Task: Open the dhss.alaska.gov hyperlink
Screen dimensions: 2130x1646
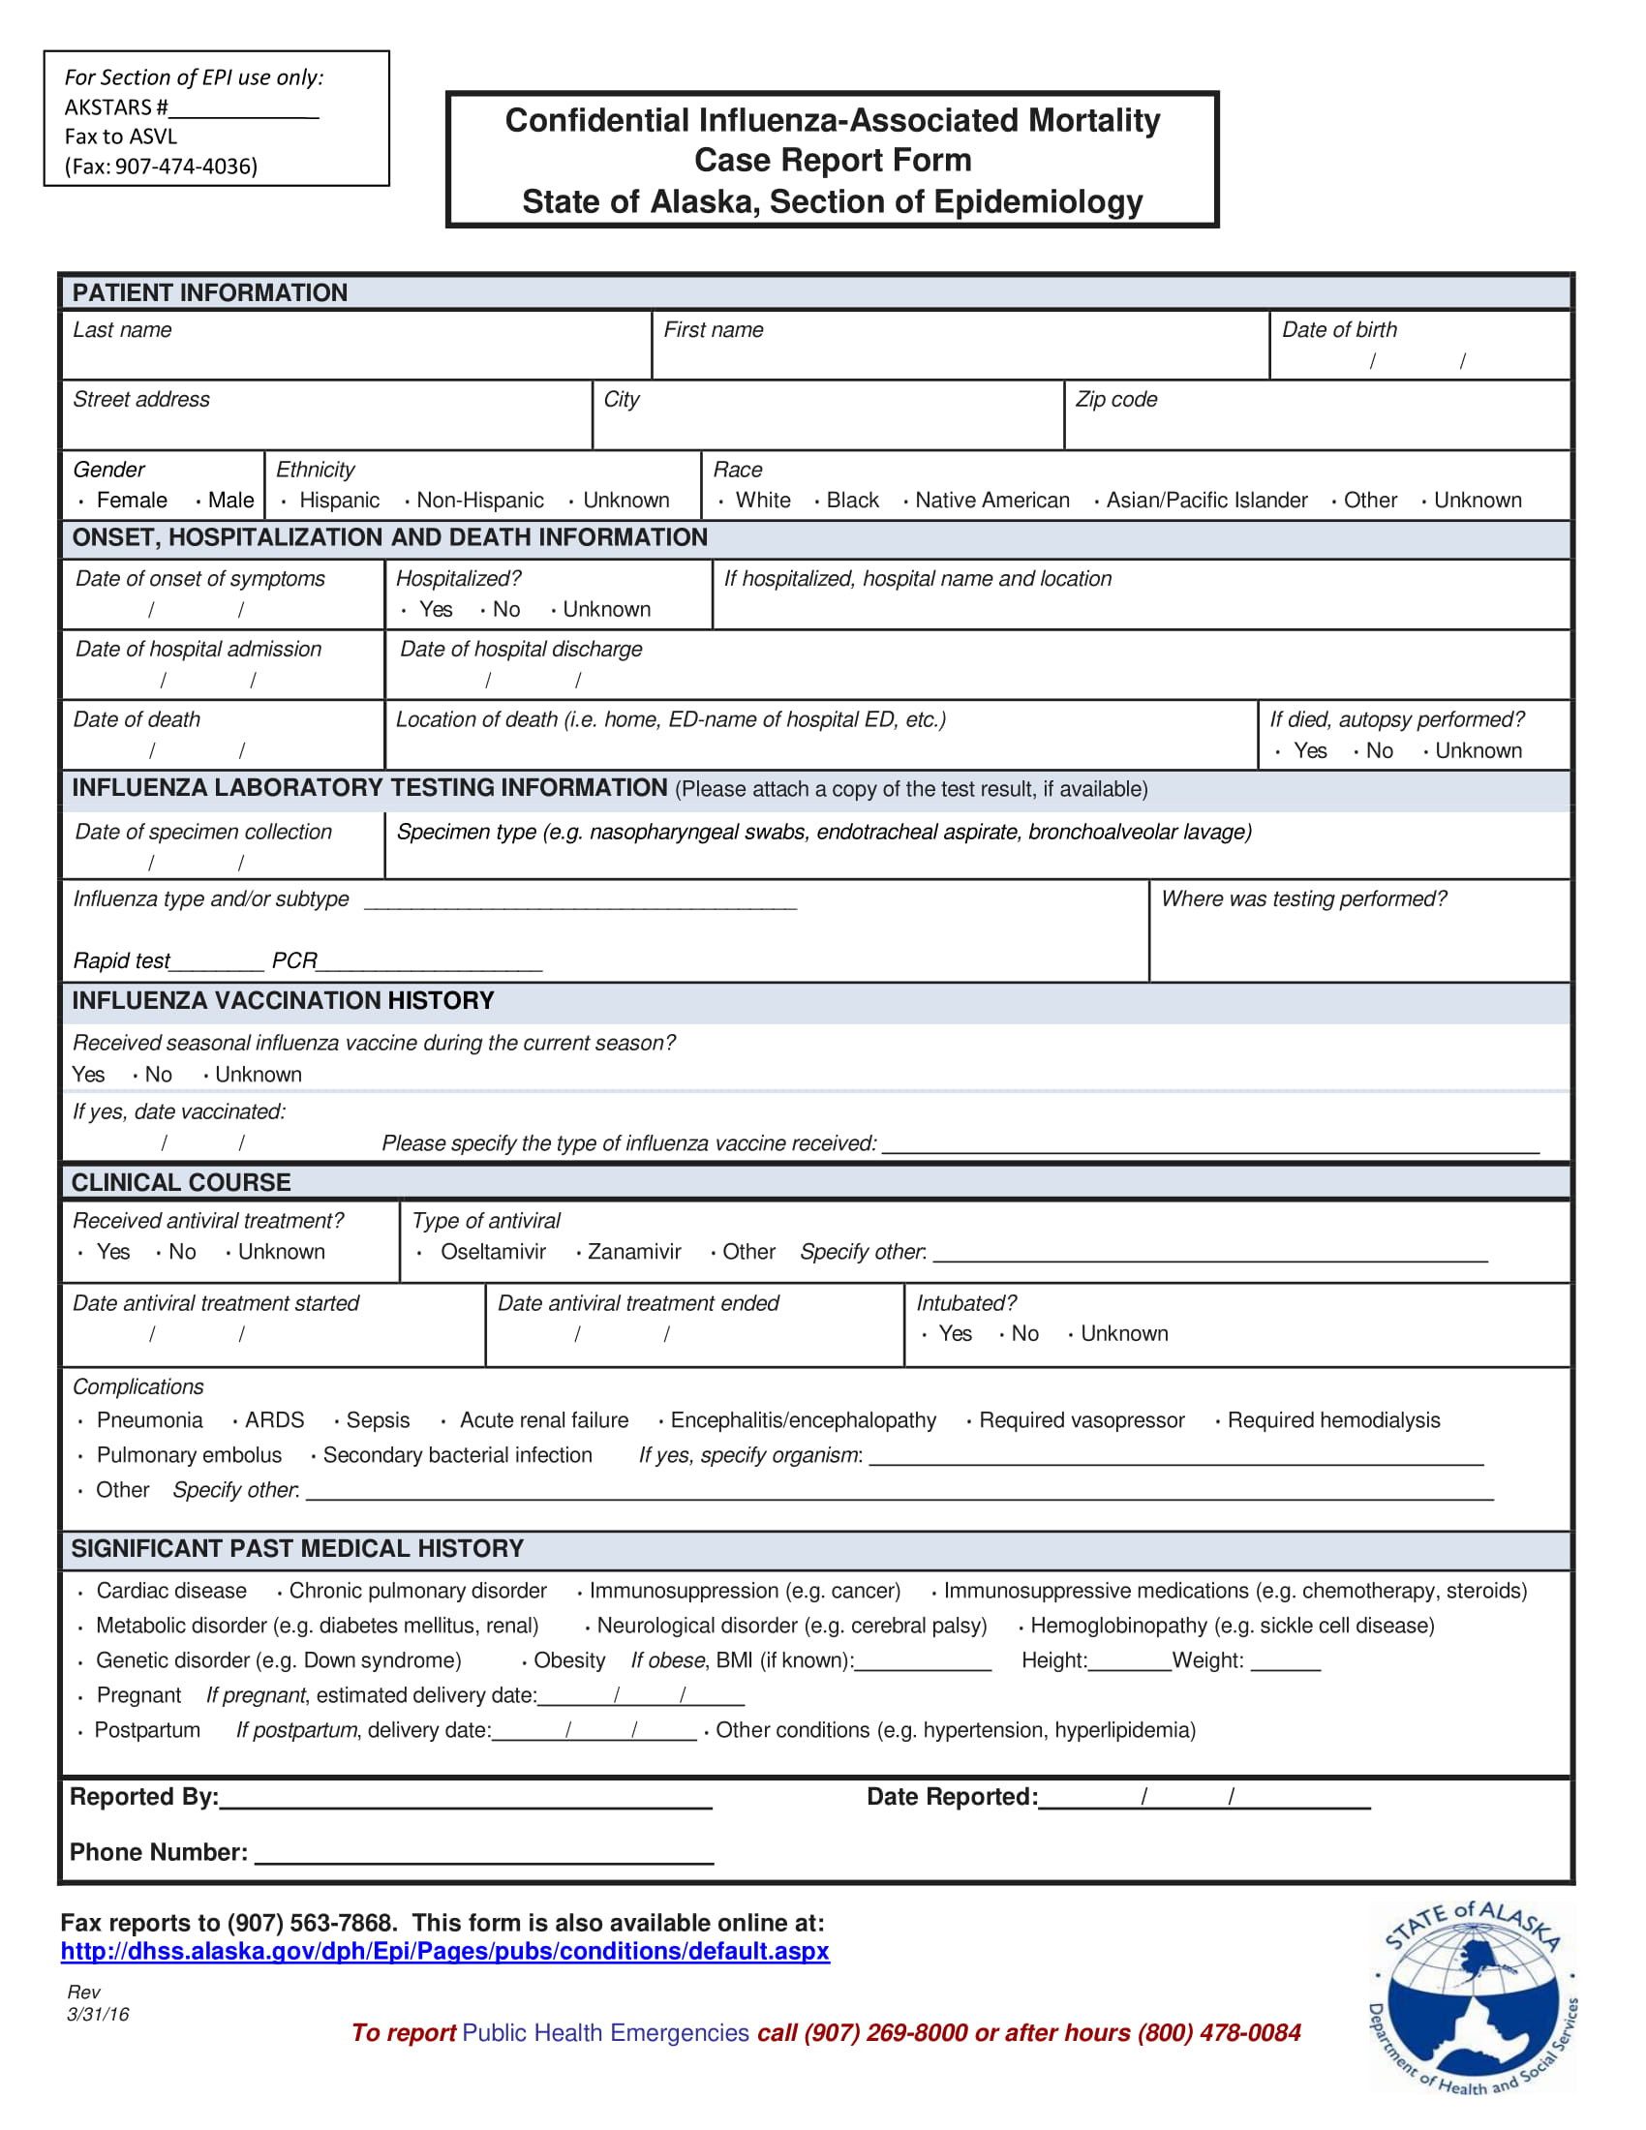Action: pos(444,1952)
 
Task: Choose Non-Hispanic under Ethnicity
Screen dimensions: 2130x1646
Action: pos(478,501)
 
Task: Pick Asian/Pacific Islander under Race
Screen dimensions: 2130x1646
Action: pos(1205,501)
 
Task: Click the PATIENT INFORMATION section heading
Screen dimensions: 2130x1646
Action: pos(210,292)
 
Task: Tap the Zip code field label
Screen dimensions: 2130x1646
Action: pos(1115,399)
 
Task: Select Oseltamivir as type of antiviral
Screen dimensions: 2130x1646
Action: pos(492,1251)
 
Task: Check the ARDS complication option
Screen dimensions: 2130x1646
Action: pos(274,1420)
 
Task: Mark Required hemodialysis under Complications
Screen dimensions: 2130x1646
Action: pos(1332,1420)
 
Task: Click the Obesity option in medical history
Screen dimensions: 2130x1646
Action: pos(568,1659)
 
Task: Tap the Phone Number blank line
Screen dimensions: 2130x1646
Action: pos(484,1853)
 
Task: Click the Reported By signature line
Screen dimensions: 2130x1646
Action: pos(465,1799)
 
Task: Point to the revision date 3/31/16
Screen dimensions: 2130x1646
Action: pos(99,2015)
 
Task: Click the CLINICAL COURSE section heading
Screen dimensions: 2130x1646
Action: pos(181,1182)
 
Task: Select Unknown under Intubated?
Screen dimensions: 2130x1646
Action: pos(1122,1333)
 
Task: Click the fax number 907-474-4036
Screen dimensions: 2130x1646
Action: pos(185,167)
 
